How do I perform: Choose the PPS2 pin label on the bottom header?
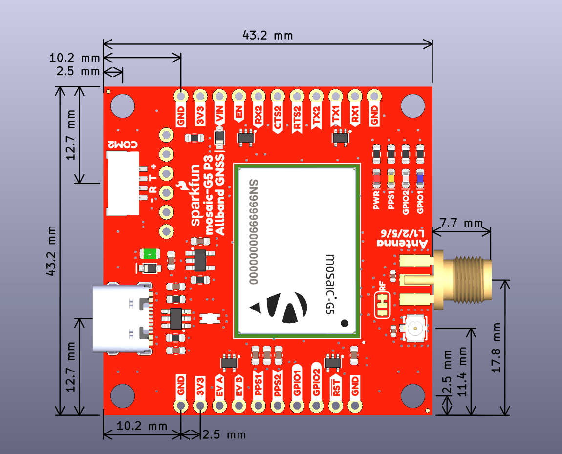(x=278, y=386)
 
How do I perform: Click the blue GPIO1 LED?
(x=420, y=178)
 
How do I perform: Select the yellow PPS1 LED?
(x=391, y=178)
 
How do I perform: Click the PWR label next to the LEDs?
(x=377, y=201)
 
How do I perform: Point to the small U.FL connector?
(x=414, y=328)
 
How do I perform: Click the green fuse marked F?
(x=149, y=254)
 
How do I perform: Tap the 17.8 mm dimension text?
(x=497, y=348)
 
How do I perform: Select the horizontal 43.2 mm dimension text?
(x=268, y=36)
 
